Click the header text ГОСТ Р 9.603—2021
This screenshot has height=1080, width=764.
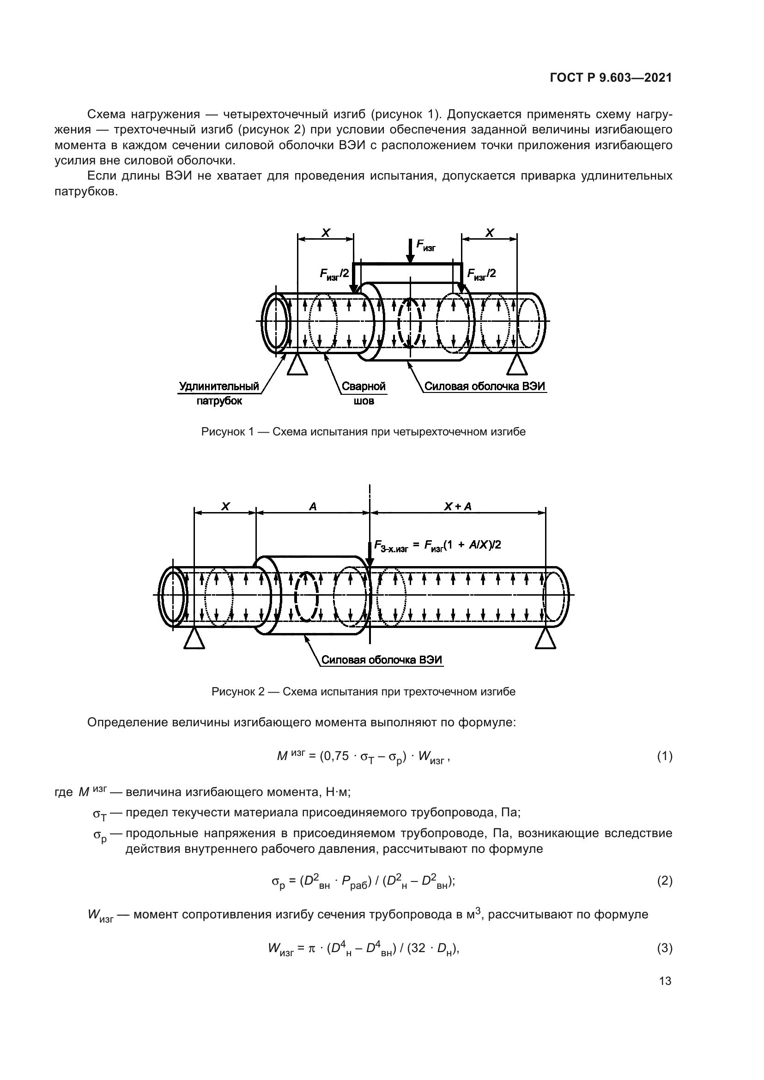611,78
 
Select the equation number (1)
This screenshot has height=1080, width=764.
664,756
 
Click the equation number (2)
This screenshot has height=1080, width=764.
664,881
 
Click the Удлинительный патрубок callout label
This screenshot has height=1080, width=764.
219,393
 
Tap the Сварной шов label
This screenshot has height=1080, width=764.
363,393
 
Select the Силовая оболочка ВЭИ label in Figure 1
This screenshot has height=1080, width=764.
485,386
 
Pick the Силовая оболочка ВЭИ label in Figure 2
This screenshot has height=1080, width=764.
382,660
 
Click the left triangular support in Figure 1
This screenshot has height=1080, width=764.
297,366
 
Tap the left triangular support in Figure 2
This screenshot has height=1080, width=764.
194,640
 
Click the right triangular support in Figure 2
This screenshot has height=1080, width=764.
546,640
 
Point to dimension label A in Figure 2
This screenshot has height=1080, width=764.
313,507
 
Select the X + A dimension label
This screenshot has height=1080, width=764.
458,507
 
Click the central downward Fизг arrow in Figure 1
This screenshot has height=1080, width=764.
410,251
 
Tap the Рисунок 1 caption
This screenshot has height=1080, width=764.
363,432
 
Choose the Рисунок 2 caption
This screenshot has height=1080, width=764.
363,692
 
